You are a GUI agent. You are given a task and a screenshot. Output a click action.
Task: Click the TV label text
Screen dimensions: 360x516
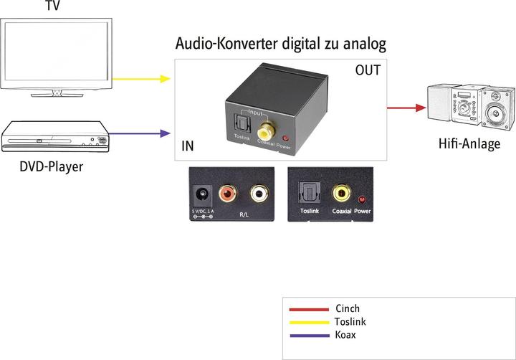coord(53,6)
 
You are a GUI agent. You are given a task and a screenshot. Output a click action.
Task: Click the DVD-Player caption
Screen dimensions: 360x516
coord(51,168)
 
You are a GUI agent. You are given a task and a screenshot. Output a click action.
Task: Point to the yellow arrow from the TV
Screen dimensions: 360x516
coord(143,79)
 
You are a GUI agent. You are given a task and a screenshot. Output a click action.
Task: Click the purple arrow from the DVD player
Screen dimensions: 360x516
coord(143,133)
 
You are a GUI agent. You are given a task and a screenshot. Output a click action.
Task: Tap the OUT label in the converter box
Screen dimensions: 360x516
coord(368,71)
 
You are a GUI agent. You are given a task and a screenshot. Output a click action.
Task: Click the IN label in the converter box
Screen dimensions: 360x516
coord(188,147)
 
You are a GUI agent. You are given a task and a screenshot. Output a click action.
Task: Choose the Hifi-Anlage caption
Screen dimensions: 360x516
coord(469,144)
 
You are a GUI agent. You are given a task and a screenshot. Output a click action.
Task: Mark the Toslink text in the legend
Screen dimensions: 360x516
coord(350,322)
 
